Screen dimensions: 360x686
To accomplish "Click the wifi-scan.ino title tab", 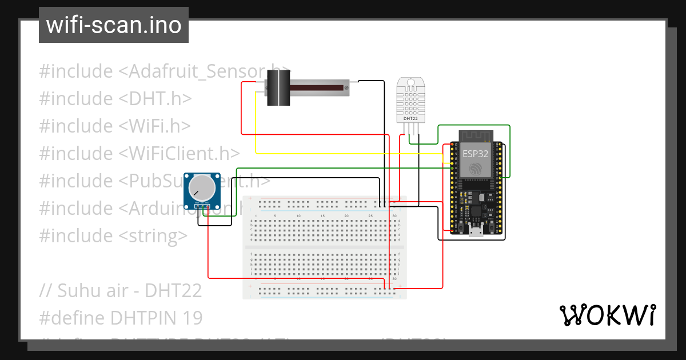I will (x=113, y=25).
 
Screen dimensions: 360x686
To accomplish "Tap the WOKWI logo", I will (x=607, y=315).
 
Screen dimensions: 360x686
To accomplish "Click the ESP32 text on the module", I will (x=475, y=154).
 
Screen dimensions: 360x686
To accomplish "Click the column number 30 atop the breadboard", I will (x=395, y=215).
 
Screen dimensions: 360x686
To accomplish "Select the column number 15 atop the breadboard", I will (x=323, y=215).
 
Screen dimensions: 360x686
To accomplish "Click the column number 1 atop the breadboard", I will (x=256, y=215).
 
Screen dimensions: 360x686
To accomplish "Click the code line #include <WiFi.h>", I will (x=115, y=126).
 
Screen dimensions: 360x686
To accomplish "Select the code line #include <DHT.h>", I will (x=115, y=98).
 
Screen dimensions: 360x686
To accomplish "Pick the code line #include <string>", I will (x=113, y=235).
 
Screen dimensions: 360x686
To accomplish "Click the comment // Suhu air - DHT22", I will (x=121, y=290).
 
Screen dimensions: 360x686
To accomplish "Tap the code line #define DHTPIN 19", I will (x=121, y=317).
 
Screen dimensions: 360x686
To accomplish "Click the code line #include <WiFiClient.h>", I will (x=139, y=153).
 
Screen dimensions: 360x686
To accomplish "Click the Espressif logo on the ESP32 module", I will (x=475, y=169).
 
